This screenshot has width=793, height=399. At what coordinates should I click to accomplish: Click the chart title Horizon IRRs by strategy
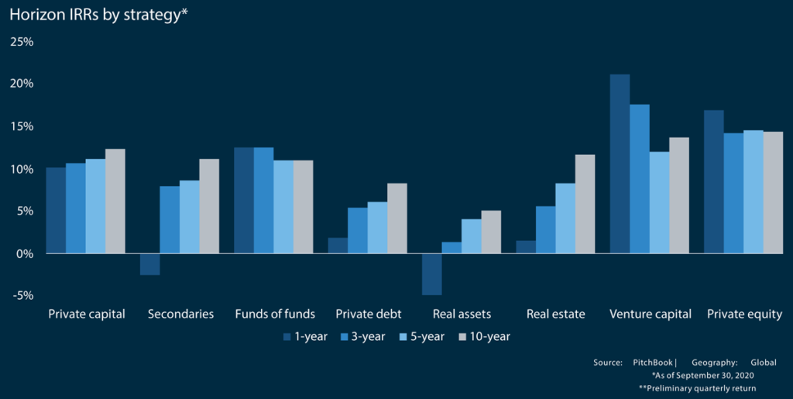(x=99, y=15)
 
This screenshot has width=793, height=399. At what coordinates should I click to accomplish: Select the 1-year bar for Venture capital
(x=620, y=163)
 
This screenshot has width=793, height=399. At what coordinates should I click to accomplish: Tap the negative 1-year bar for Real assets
(x=431, y=273)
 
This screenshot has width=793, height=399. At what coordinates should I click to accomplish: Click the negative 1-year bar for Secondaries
(x=149, y=264)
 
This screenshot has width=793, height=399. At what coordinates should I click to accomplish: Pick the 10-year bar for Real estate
(x=585, y=204)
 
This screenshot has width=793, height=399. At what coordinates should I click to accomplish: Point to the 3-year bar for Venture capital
(x=639, y=178)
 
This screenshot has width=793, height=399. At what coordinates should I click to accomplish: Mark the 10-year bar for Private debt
(x=396, y=218)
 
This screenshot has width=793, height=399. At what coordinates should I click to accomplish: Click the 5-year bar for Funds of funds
(x=283, y=207)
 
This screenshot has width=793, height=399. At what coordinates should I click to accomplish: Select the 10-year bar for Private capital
(x=115, y=201)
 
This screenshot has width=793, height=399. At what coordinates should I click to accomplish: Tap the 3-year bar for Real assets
(x=451, y=247)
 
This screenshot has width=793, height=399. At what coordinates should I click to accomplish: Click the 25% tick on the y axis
(x=22, y=41)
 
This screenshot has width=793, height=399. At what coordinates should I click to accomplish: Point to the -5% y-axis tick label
(x=22, y=295)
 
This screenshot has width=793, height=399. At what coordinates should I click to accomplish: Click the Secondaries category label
(x=180, y=315)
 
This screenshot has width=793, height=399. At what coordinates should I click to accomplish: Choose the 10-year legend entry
(x=485, y=337)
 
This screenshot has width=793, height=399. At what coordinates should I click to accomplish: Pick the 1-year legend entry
(x=305, y=337)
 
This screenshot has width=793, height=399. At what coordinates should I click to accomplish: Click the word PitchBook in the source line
(x=653, y=362)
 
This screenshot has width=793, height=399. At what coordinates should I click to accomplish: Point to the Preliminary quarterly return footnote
(x=697, y=387)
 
